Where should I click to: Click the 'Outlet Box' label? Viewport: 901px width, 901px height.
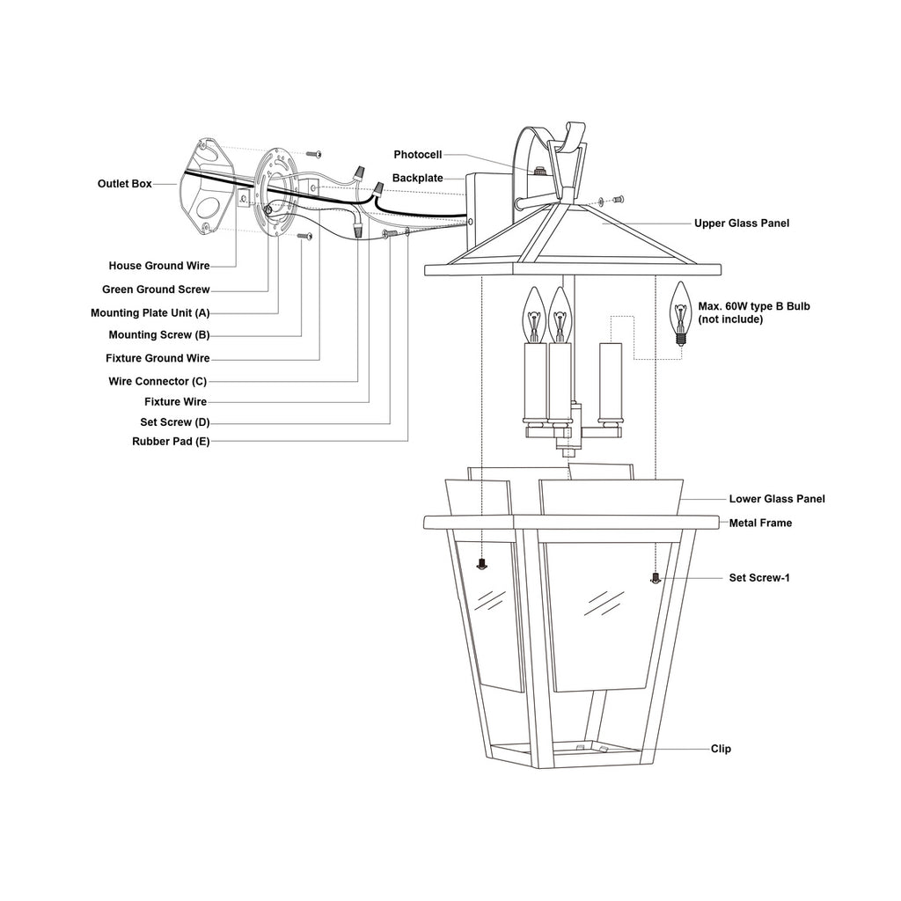click(124, 184)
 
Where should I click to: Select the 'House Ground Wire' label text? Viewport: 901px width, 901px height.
click(159, 266)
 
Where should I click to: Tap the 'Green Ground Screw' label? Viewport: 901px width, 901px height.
click(156, 289)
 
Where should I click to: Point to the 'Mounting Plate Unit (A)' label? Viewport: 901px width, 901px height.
click(150, 312)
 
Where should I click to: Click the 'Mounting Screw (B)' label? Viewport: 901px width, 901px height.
click(158, 335)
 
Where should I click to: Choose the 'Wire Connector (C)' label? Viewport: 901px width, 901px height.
click(157, 381)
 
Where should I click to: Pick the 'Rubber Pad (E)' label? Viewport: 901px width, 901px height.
click(171, 442)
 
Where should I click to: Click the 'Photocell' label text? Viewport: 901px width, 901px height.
click(418, 154)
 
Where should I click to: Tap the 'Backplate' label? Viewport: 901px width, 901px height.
click(418, 178)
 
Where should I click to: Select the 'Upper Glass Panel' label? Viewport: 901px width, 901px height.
click(742, 223)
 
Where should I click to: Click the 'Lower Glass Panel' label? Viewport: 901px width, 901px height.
click(777, 499)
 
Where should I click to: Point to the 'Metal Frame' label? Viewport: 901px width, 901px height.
click(760, 523)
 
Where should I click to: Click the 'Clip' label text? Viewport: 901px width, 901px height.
click(721, 749)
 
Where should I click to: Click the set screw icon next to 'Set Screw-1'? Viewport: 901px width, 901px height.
click(655, 578)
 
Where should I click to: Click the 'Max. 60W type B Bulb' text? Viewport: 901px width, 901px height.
click(753, 306)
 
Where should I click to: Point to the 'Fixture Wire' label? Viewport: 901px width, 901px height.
click(176, 402)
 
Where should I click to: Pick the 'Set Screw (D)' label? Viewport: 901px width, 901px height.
click(175, 422)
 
